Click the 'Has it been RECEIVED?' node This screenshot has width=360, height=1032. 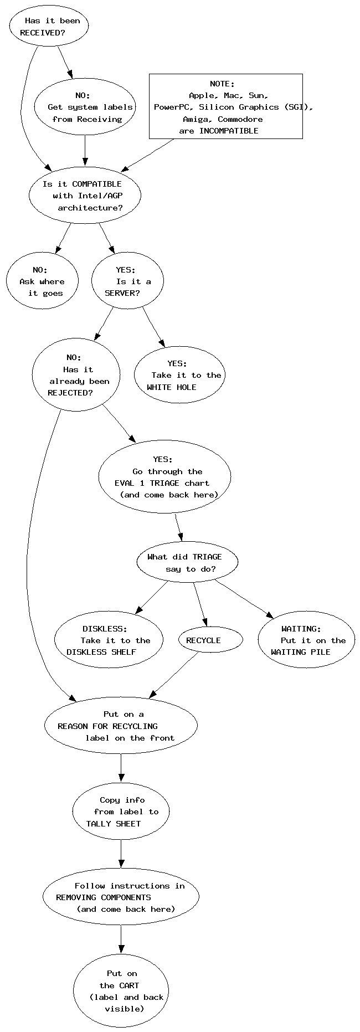[49, 27]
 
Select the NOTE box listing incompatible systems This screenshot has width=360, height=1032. [226, 106]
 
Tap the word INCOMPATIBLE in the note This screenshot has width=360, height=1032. [229, 131]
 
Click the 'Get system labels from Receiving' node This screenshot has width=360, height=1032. [85, 107]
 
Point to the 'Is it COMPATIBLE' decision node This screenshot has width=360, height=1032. [85, 195]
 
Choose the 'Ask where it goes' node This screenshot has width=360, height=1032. [43, 281]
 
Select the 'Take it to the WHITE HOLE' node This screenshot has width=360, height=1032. [178, 375]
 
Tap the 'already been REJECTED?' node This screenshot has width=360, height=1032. [76, 375]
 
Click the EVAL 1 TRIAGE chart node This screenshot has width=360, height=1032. [164, 477]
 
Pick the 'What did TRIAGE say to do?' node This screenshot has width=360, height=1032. [187, 562]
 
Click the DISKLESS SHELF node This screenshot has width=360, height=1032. [109, 640]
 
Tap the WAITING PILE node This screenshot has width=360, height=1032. [306, 640]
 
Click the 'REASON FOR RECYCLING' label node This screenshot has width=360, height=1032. [121, 726]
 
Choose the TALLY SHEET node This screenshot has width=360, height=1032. [121, 812]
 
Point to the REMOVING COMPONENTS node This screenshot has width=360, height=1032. [121, 897]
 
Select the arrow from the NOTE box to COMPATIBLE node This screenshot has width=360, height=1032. [148, 155]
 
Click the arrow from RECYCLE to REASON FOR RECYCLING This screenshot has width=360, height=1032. [174, 675]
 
